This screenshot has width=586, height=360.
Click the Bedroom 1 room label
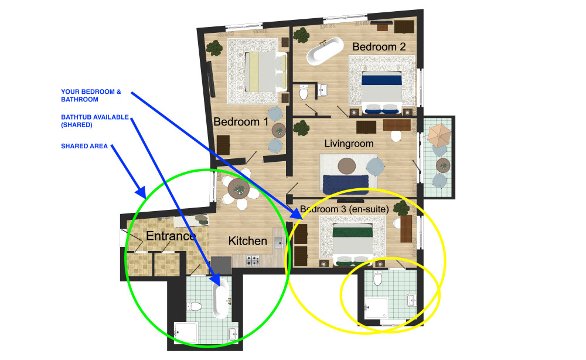[x=241, y=122]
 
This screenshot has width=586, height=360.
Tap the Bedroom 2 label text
[x=379, y=47]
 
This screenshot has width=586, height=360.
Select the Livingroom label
[x=349, y=144]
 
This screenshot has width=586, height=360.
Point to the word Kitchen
[x=247, y=241]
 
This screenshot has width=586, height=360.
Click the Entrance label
[x=171, y=236]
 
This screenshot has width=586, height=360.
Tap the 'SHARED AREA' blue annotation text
[x=84, y=146]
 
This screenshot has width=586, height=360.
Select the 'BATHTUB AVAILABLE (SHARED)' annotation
[x=95, y=121]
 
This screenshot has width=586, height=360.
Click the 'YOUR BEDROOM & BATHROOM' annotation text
[x=91, y=96]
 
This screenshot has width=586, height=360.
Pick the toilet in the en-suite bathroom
[x=378, y=278]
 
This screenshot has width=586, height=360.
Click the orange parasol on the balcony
[x=439, y=135]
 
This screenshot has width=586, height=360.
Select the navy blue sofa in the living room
[x=346, y=184]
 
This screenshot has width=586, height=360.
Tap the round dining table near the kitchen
[x=239, y=189]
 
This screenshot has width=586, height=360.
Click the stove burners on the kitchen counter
[x=252, y=260]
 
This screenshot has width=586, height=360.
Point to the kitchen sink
[x=278, y=242]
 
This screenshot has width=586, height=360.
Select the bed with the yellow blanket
[x=266, y=72]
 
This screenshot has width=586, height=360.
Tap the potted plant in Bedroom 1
[x=214, y=48]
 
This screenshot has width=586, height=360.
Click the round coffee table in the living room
[x=347, y=167]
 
